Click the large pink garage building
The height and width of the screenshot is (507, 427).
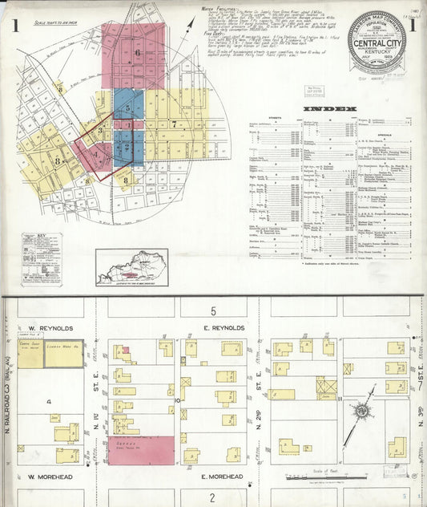141,450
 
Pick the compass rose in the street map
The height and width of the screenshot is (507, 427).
362,412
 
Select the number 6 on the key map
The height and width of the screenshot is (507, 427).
137,54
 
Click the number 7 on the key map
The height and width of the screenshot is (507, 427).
172,124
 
